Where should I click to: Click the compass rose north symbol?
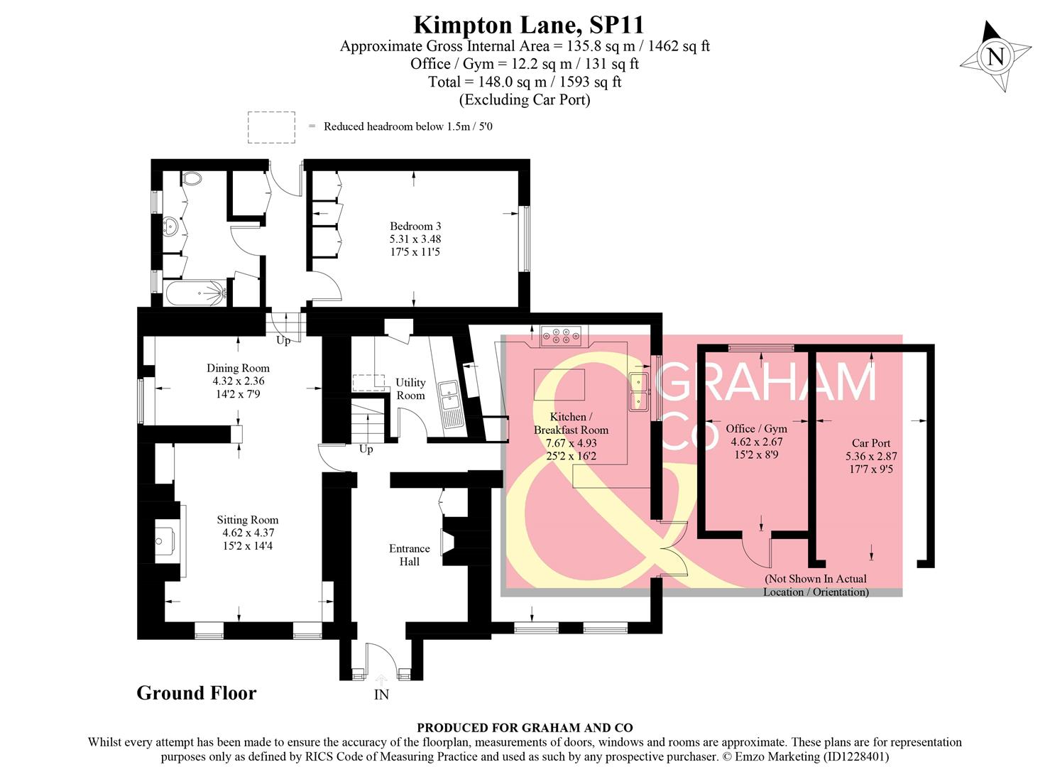(995, 56)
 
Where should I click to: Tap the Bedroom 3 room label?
(415, 239)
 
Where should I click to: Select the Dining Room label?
(238, 381)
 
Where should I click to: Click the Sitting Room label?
(247, 533)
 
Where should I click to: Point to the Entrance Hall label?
(409, 555)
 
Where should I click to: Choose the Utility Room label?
(410, 388)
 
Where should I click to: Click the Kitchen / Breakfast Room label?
(571, 436)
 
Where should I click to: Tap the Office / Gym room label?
(756, 441)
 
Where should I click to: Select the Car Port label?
(871, 455)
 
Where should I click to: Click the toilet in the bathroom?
(191, 178)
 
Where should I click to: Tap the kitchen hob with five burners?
(561, 334)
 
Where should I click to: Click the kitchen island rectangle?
(558, 386)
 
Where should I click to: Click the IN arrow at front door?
(381, 682)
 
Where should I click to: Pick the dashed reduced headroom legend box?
(271, 127)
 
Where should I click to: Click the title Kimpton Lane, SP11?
(528, 25)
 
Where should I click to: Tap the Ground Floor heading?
(196, 693)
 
